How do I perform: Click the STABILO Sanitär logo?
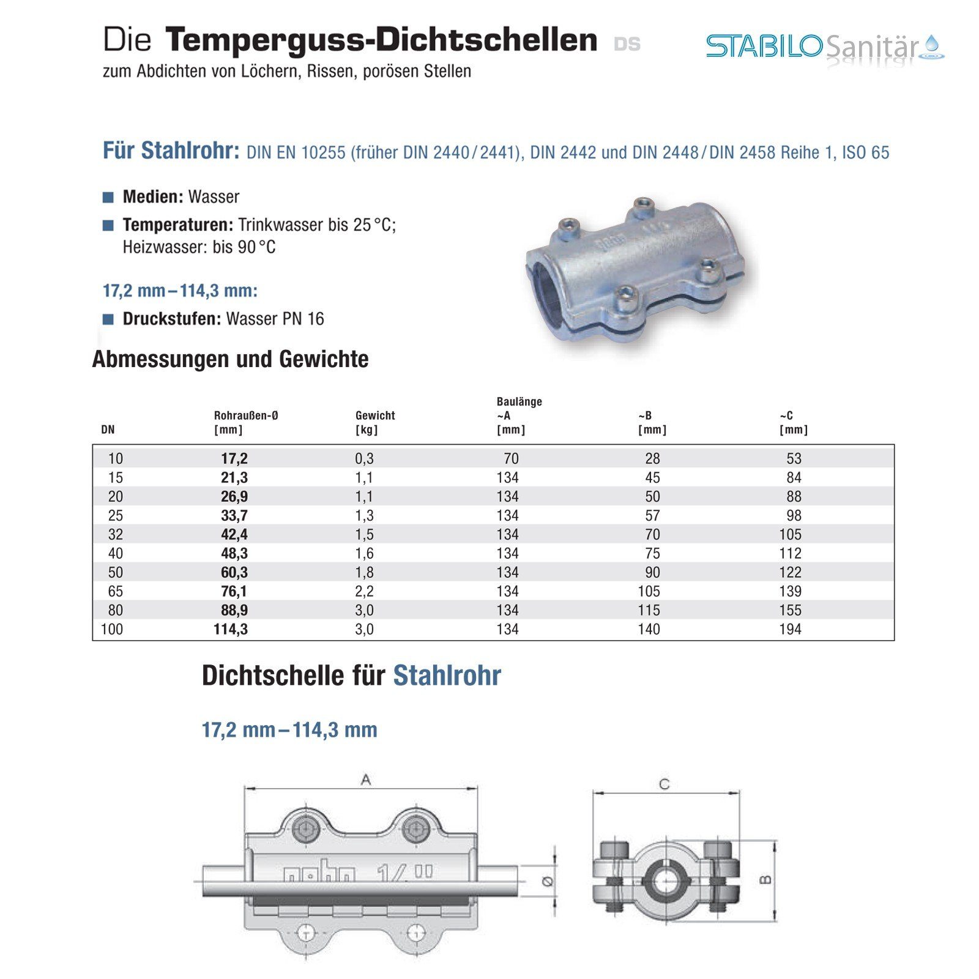pyautogui.click(x=825, y=47)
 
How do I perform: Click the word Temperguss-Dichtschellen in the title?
pyautogui.click(x=381, y=40)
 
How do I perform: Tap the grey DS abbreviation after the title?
pyautogui.click(x=627, y=44)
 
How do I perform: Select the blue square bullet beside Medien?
pyautogui.click(x=108, y=197)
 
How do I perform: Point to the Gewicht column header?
pyautogui.click(x=375, y=415)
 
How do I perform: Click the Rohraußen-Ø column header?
pyautogui.click(x=246, y=415)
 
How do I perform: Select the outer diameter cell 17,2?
pyautogui.click(x=234, y=458)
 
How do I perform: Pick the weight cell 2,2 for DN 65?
pyautogui.click(x=364, y=591)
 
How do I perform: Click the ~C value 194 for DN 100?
pyautogui.click(x=790, y=629)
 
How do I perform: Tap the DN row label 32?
pyautogui.click(x=115, y=534)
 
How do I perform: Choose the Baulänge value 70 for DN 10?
pyautogui.click(x=511, y=458)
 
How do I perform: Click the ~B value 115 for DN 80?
pyautogui.click(x=649, y=610)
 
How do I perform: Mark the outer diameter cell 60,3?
pyautogui.click(x=234, y=572)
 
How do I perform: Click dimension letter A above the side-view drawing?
pyautogui.click(x=365, y=780)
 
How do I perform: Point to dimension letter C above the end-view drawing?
pyautogui.click(x=664, y=784)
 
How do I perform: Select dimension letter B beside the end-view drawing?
pyautogui.click(x=765, y=880)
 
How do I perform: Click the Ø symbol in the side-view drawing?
pyautogui.click(x=548, y=881)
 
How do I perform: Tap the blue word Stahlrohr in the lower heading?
pyautogui.click(x=447, y=676)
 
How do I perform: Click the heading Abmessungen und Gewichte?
pyautogui.click(x=230, y=359)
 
